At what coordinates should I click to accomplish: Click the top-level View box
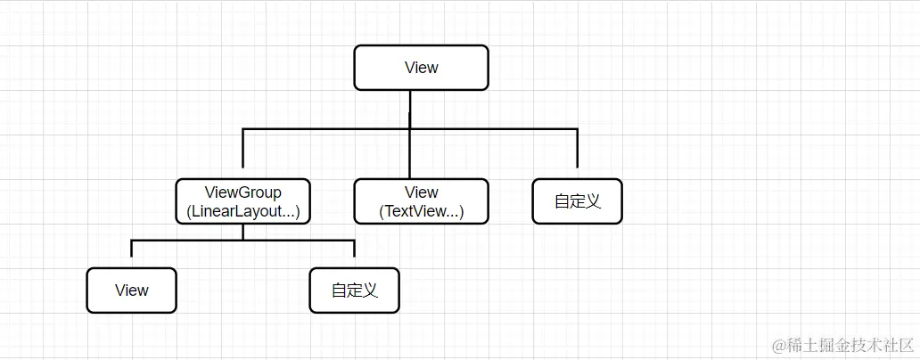pyautogui.click(x=421, y=68)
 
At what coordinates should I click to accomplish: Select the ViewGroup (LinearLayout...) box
pyautogui.click(x=242, y=201)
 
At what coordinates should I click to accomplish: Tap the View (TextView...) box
pyautogui.click(x=421, y=201)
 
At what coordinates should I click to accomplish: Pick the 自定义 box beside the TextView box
pyautogui.click(x=577, y=201)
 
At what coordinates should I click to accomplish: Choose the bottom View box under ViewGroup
pyautogui.click(x=131, y=290)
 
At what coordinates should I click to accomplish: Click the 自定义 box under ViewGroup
pyautogui.click(x=354, y=290)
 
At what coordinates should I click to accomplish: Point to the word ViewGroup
pyautogui.click(x=242, y=192)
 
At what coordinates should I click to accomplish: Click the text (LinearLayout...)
pyautogui.click(x=242, y=212)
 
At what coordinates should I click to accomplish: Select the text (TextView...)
pyautogui.click(x=421, y=212)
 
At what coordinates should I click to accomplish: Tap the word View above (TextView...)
pyautogui.click(x=421, y=192)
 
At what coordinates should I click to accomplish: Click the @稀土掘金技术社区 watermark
pyautogui.click(x=843, y=345)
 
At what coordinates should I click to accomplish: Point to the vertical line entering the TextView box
pyautogui.click(x=410, y=156)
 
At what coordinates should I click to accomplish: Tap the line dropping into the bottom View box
pyautogui.click(x=131, y=249)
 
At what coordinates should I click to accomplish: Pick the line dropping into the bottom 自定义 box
pyautogui.click(x=354, y=249)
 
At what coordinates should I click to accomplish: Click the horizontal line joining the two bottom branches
pyautogui.click(x=187, y=240)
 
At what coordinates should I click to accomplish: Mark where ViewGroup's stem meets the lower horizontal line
pyautogui.click(x=242, y=240)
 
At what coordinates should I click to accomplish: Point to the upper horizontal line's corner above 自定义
pyautogui.click(x=577, y=130)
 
